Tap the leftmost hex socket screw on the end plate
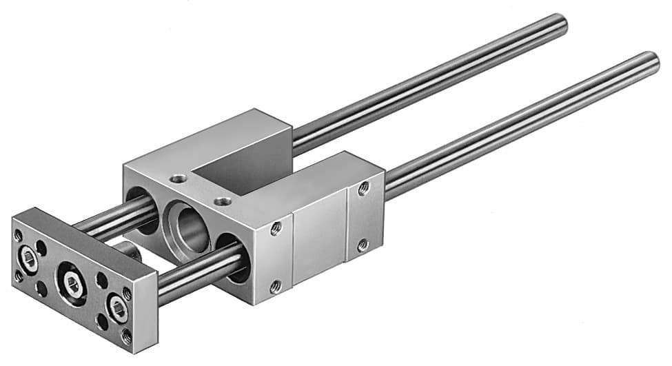[x=28, y=258]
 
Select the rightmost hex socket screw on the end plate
[x=119, y=308]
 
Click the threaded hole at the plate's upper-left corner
[x=18, y=235]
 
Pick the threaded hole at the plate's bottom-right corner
[x=127, y=336]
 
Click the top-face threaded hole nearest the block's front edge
[x=222, y=201]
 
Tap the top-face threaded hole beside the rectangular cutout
[x=179, y=179]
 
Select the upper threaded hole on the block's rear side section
[x=363, y=188]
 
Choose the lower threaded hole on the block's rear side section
[x=363, y=245]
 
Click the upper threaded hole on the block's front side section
[x=276, y=228]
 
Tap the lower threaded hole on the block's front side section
[x=275, y=286]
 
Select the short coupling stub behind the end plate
[x=126, y=250]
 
